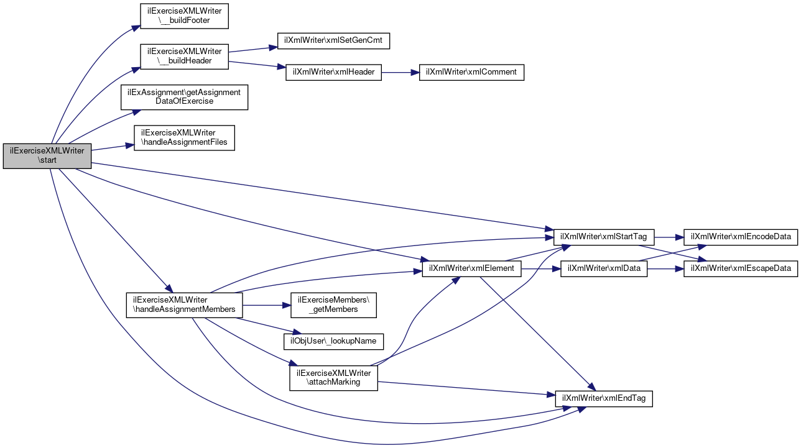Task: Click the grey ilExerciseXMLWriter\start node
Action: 47,156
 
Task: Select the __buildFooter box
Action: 184,16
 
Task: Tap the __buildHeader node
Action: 184,56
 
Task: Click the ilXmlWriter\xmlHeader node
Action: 333,72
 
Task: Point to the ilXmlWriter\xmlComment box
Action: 472,72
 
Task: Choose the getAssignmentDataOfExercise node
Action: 185,97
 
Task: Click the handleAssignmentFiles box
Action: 184,137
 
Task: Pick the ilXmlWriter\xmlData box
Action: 604,268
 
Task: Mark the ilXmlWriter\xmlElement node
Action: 471,268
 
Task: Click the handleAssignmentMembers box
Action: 184,304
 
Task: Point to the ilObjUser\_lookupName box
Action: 333,341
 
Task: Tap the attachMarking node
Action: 333,378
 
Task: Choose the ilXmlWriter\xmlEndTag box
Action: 603,398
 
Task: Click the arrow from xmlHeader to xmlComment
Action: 401,72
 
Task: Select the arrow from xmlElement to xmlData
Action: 540,268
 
